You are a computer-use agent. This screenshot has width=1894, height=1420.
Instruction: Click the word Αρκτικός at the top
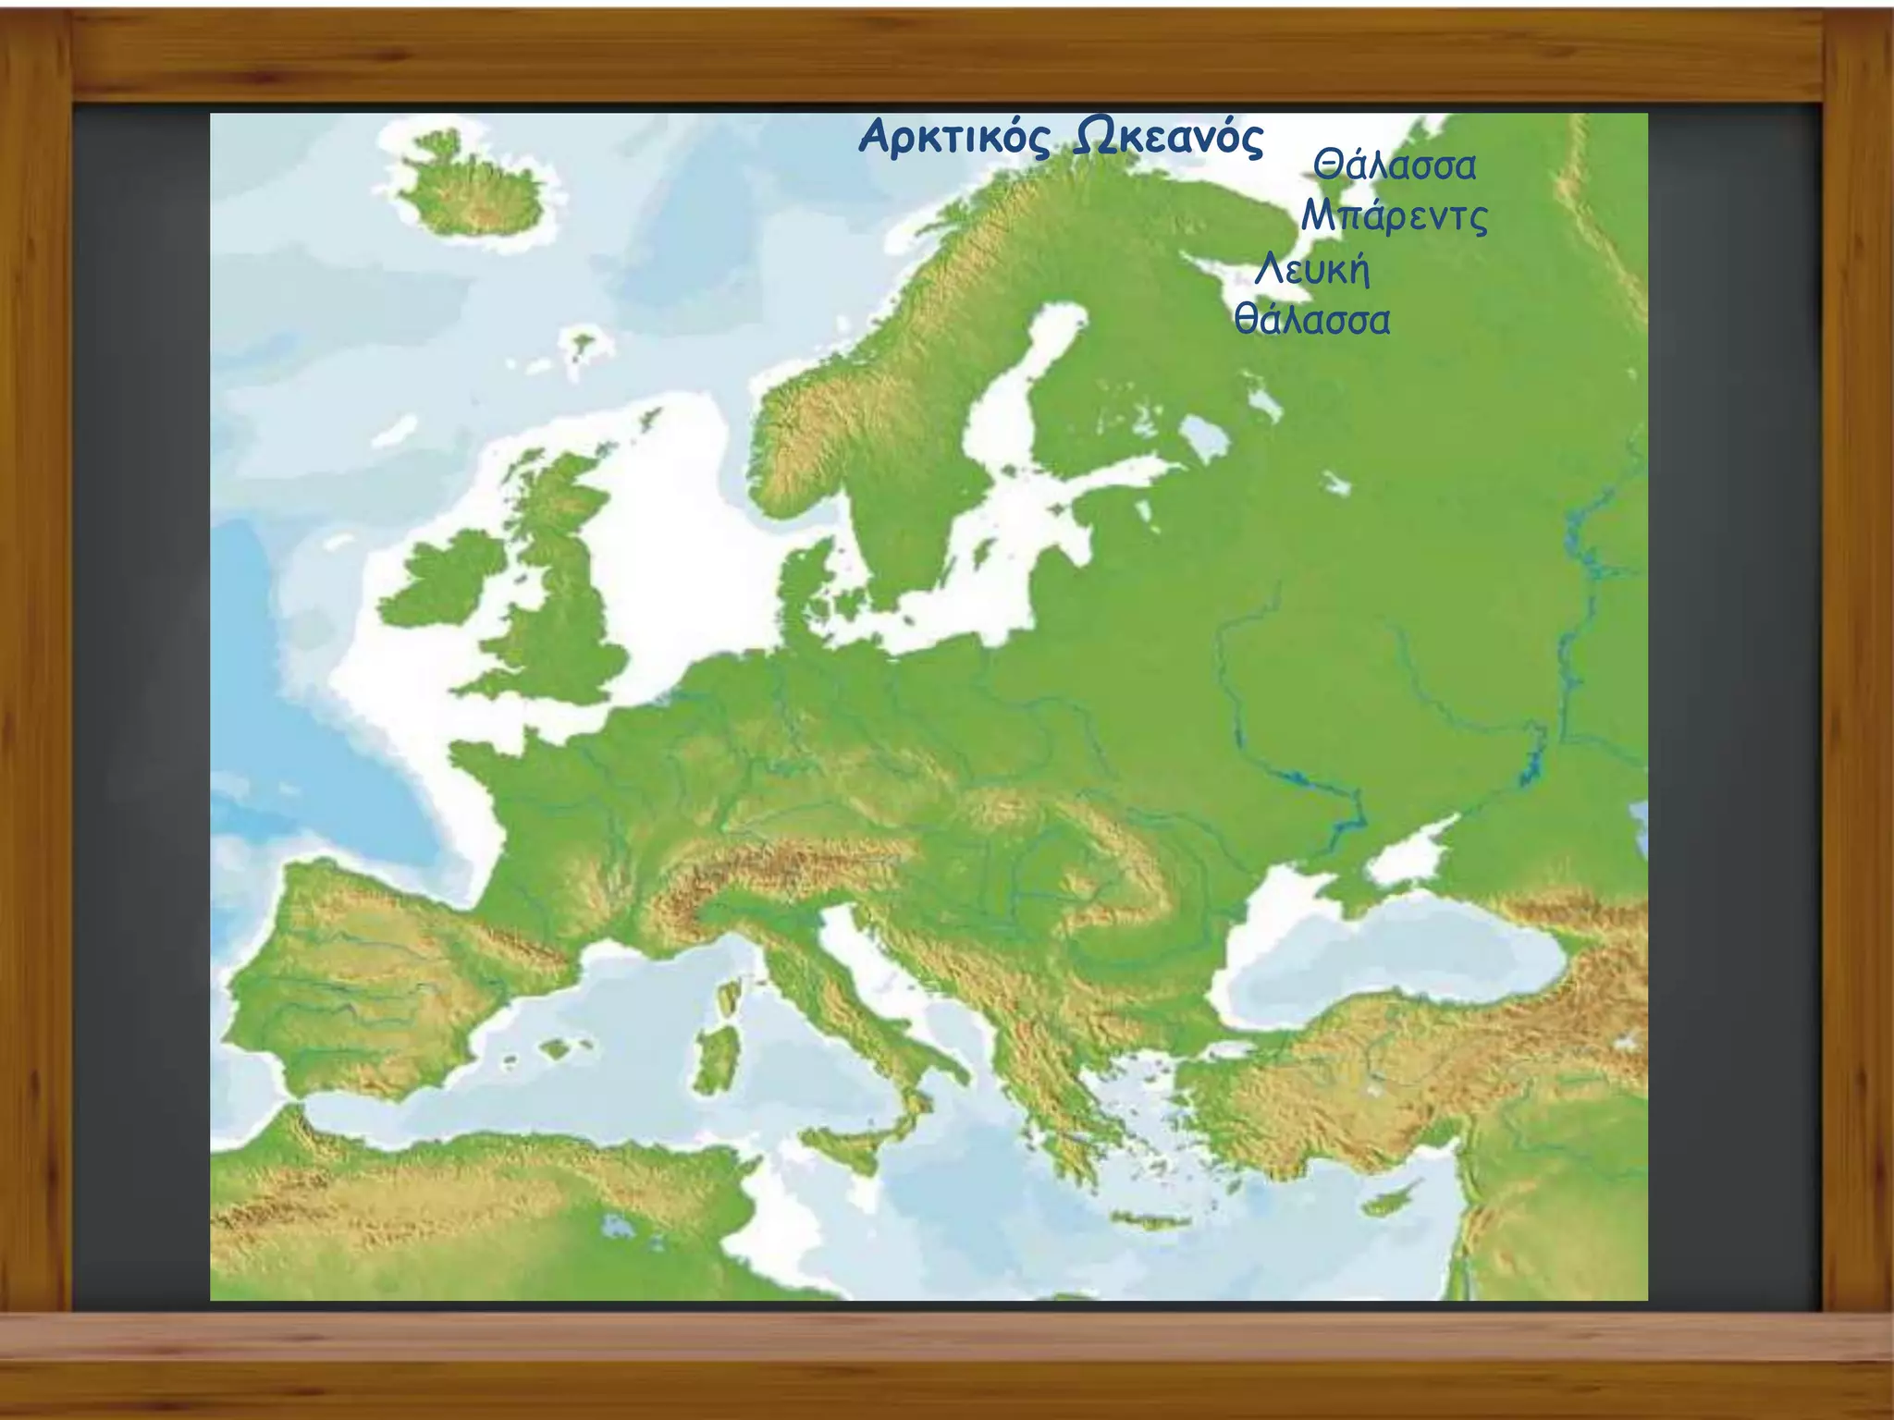pyautogui.click(x=955, y=139)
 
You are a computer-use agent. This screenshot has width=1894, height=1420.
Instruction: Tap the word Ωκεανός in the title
pyautogui.click(x=1168, y=139)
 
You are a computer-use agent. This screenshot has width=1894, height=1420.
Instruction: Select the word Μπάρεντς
pyautogui.click(x=1394, y=217)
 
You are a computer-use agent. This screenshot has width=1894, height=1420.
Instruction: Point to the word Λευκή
pyautogui.click(x=1312, y=270)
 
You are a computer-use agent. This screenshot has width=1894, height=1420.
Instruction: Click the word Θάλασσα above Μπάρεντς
pyautogui.click(x=1395, y=166)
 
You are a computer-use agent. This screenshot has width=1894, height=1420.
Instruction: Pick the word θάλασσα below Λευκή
pyautogui.click(x=1312, y=320)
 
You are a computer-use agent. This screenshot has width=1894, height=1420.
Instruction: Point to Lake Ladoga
pyautogui.click(x=1203, y=435)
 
